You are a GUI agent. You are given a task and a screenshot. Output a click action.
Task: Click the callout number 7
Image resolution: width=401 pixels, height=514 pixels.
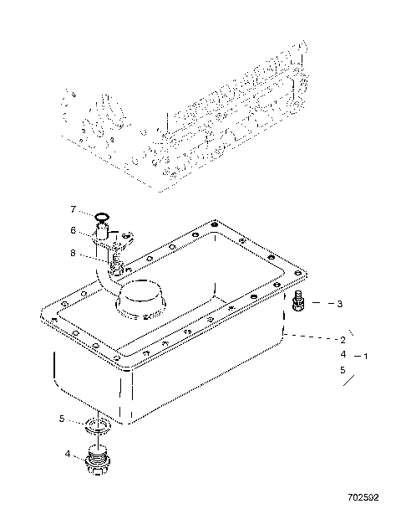(74, 208)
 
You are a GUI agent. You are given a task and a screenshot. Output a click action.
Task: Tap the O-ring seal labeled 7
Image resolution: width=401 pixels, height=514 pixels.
(101, 217)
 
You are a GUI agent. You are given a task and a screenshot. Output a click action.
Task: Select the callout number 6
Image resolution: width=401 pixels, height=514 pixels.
(74, 230)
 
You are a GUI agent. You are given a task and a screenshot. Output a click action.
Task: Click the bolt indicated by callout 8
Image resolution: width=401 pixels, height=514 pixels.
(117, 267)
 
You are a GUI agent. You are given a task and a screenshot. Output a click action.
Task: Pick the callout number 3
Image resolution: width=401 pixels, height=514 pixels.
(340, 304)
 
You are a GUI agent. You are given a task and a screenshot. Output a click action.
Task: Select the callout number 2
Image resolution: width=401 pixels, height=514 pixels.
(342, 340)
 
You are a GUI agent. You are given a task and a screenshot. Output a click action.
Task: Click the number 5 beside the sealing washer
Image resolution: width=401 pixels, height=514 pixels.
(61, 419)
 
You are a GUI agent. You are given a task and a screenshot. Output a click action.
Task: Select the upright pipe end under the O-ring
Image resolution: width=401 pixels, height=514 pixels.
(101, 234)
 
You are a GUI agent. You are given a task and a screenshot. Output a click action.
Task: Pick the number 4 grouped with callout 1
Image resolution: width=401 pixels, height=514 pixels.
(342, 355)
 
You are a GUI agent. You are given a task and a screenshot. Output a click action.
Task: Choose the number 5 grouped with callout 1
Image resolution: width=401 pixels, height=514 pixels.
(342, 369)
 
